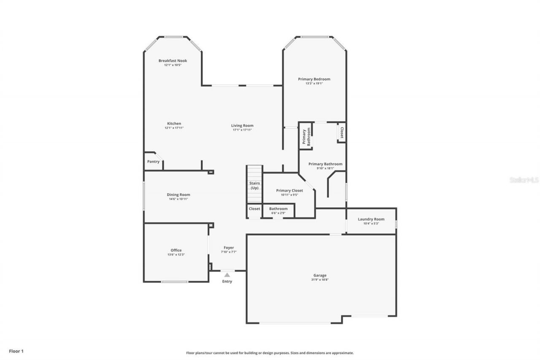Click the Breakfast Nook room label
[x=173, y=61]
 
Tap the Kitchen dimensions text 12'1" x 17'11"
[x=173, y=128]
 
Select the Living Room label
[x=242, y=125]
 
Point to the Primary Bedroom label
[x=314, y=79]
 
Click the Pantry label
[x=153, y=162]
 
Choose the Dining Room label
[x=178, y=195]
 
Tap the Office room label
[x=176, y=250]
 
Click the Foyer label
[x=228, y=248]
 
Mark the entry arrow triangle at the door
[x=227, y=275]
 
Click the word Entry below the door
[x=227, y=282]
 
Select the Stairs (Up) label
[x=254, y=185]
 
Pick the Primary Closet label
[x=289, y=190]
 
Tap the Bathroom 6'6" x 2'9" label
[x=278, y=208]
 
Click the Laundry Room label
[x=371, y=219]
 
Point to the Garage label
[x=320, y=275]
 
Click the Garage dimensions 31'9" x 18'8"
[x=320, y=279]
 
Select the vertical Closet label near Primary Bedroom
[x=342, y=133]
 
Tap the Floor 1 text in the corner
[x=16, y=350]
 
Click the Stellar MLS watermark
[x=524, y=180]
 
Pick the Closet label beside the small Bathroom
[x=254, y=208]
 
